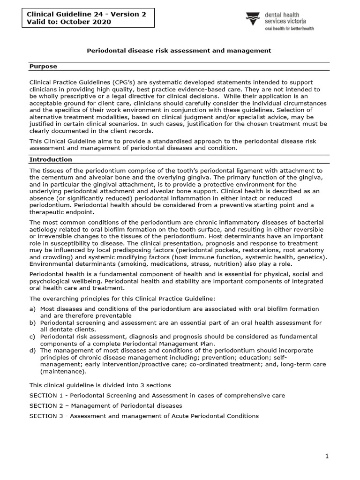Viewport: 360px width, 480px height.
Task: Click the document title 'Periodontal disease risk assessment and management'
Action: tap(180, 50)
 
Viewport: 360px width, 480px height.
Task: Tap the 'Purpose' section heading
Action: tap(43, 67)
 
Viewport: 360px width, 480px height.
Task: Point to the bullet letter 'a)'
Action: tap(32, 309)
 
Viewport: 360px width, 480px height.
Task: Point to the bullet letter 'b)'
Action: tap(32, 323)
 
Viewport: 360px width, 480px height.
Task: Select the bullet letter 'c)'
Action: tap(32, 337)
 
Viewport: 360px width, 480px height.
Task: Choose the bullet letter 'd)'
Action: tap(32, 351)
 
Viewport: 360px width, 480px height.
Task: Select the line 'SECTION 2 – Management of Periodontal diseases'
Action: tap(106, 405)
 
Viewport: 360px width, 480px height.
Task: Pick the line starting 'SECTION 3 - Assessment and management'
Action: tap(144, 416)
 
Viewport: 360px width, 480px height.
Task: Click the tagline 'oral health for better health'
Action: tap(290, 28)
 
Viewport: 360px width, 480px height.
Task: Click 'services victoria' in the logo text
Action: tap(288, 22)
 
